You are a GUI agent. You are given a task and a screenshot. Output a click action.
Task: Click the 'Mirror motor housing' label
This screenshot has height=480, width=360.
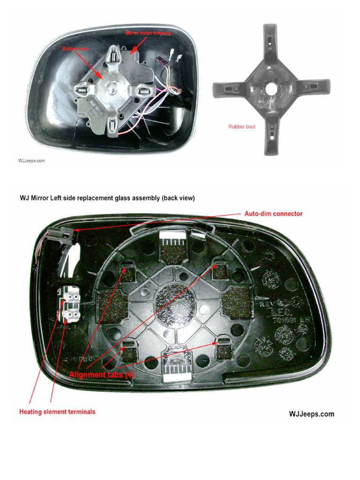click(x=148, y=33)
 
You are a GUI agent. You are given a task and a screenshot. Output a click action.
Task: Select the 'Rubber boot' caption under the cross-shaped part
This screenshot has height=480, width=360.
click(x=241, y=127)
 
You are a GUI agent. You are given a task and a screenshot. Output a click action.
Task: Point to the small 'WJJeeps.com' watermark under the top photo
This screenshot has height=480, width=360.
click(x=31, y=161)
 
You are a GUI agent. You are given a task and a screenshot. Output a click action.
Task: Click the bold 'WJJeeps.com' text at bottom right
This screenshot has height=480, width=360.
click(x=311, y=414)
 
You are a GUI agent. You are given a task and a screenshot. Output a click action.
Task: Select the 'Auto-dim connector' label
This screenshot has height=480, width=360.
click(x=273, y=214)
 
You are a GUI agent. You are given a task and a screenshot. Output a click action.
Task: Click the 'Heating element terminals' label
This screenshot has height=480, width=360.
click(x=57, y=412)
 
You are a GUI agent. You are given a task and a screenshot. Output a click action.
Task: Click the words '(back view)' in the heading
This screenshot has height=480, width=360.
click(x=178, y=198)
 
